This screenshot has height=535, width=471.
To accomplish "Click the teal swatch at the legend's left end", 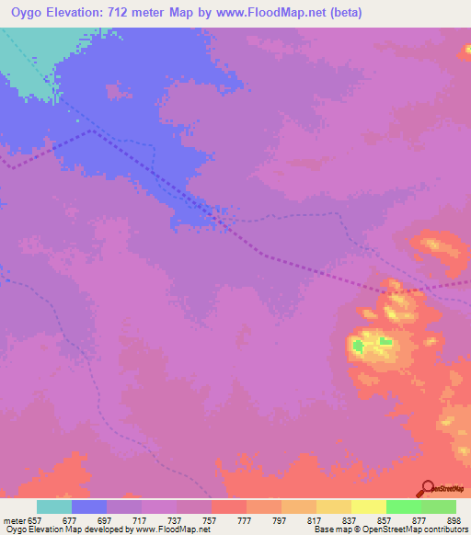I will pyautogui.click(x=54, y=507).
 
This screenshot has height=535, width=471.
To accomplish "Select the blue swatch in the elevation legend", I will pyautogui.click(x=89, y=507).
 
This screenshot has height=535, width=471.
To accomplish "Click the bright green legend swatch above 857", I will pyautogui.click(x=404, y=507).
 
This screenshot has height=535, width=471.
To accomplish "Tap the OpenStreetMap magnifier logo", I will pyautogui.click(x=426, y=488).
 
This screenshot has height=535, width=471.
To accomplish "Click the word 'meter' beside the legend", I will pyautogui.click(x=15, y=519).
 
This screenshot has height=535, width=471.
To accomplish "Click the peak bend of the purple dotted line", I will pyautogui.click(x=91, y=131).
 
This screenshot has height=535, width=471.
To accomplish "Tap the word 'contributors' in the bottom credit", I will pyautogui.click(x=444, y=529).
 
